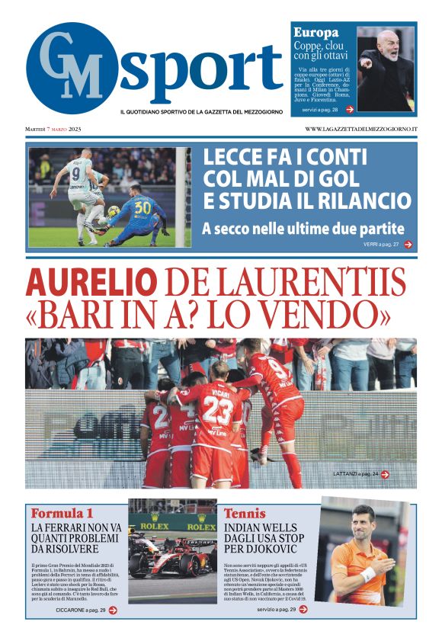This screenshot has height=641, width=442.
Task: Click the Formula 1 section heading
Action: pyautogui.click(x=62, y=512)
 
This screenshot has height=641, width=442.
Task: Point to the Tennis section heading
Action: pyautogui.click(x=245, y=513)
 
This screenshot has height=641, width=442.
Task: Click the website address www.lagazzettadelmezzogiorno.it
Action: pyautogui.click(x=361, y=129)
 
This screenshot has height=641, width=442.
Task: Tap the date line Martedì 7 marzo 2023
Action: pyautogui.click(x=53, y=129)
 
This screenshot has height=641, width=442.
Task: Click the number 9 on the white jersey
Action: pyautogui.click(x=76, y=172)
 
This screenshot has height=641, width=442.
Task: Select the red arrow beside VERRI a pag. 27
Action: pyautogui.click(x=408, y=245)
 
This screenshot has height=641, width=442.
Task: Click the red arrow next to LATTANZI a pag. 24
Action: pyautogui.click(x=385, y=474)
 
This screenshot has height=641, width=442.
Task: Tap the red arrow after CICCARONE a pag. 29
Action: pyautogui.click(x=113, y=610)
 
